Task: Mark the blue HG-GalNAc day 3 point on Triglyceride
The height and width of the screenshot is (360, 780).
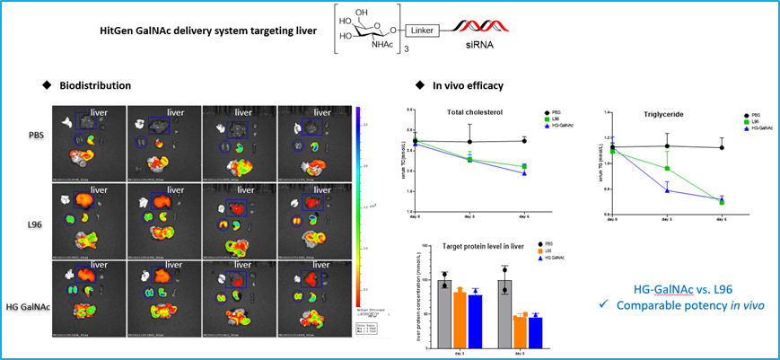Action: point(667,190)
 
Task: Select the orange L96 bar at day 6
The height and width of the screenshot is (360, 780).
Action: point(520,332)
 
